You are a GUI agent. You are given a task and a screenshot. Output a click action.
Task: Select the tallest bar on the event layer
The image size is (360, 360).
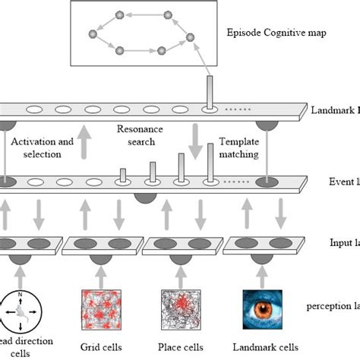pos(207,166)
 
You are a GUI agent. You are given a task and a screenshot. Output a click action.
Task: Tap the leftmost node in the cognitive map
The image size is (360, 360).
pos(93,34)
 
